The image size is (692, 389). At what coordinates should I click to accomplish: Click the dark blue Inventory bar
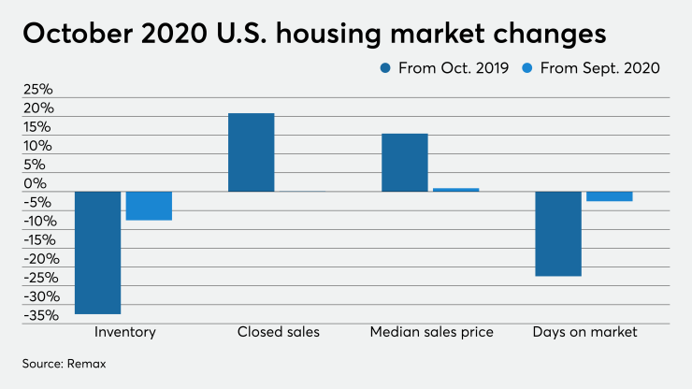tap(97, 252)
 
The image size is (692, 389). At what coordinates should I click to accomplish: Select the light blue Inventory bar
tap(149, 206)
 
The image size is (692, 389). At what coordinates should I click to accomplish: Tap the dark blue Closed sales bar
tap(252, 152)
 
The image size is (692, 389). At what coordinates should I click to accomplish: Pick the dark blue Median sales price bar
tap(405, 163)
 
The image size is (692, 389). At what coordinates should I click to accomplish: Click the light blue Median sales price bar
tap(455, 190)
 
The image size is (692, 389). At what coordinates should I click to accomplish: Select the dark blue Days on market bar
tap(558, 234)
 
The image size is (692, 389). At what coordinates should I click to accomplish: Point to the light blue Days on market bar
tap(609, 196)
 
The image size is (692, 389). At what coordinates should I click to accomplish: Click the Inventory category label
tap(124, 332)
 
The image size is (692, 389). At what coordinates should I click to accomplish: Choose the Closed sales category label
tap(278, 332)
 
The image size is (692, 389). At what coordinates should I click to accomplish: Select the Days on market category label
tap(584, 332)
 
